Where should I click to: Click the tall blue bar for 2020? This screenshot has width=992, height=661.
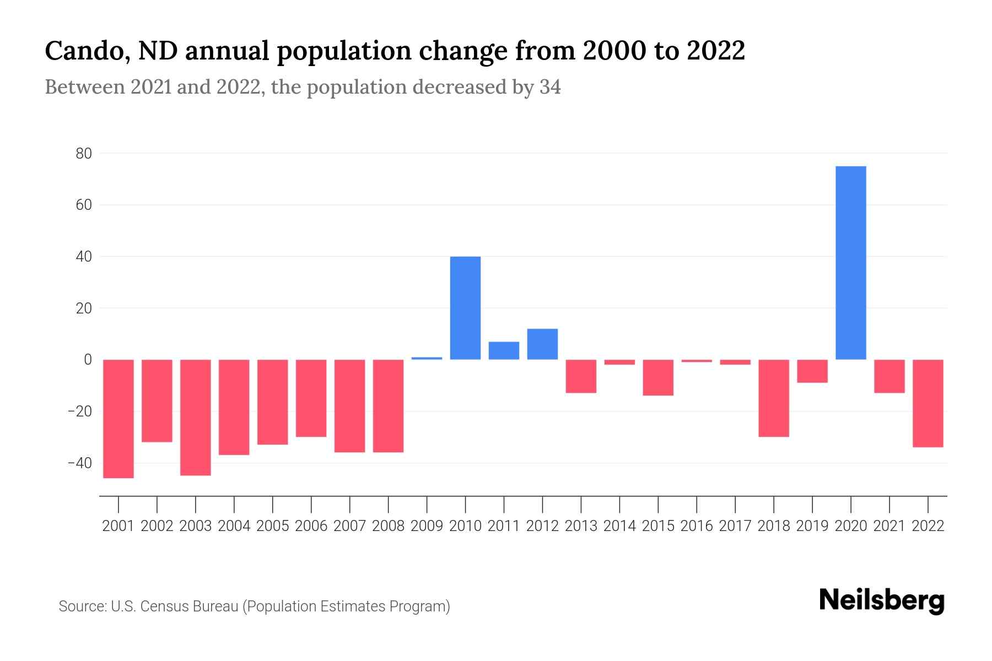click(x=850, y=263)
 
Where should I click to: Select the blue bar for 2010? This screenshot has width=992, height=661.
click(x=465, y=308)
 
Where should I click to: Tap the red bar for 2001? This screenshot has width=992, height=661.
click(x=118, y=419)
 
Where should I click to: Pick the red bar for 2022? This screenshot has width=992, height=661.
click(x=928, y=403)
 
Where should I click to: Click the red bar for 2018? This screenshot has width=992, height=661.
click(x=773, y=398)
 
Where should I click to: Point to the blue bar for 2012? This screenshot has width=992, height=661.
click(x=542, y=344)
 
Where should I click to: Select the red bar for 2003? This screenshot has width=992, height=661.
click(x=196, y=418)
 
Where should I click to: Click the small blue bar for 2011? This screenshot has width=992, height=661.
click(x=504, y=351)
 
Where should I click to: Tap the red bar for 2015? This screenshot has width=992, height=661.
click(x=658, y=378)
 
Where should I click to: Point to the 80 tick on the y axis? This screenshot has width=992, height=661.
click(x=84, y=154)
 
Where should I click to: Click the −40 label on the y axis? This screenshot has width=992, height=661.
click(x=80, y=463)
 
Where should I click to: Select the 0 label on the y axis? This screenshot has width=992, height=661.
click(x=88, y=360)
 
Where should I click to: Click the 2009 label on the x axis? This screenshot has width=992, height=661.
click(x=427, y=526)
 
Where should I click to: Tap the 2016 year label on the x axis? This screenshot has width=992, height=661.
click(x=697, y=526)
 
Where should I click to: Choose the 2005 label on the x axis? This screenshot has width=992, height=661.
click(x=273, y=526)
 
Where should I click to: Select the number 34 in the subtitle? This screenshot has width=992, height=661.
click(x=550, y=87)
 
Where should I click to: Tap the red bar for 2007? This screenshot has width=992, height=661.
click(x=350, y=406)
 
